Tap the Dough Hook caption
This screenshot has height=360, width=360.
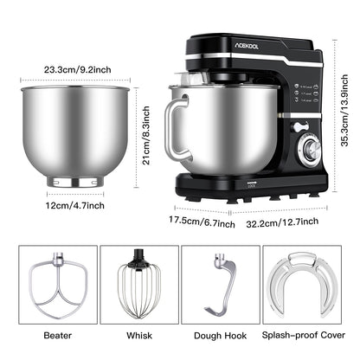click(x=222, y=332)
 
